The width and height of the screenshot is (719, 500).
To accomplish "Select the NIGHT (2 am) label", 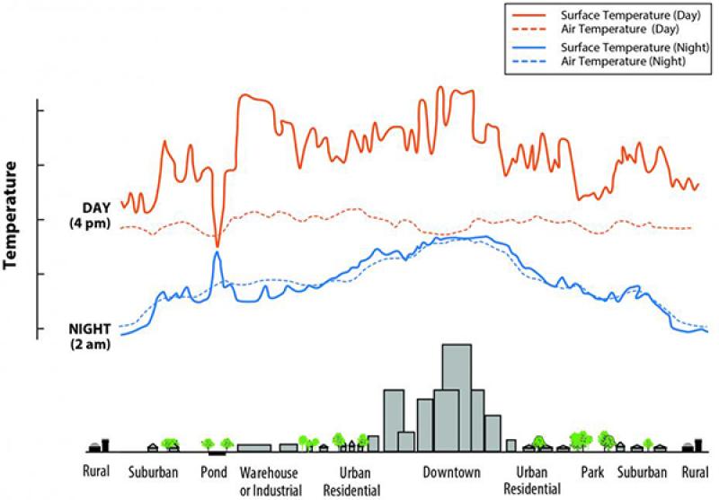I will [x=89, y=336].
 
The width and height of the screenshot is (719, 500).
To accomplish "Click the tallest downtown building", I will [x=457, y=395].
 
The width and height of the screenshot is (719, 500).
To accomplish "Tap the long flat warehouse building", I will [x=254, y=447].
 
